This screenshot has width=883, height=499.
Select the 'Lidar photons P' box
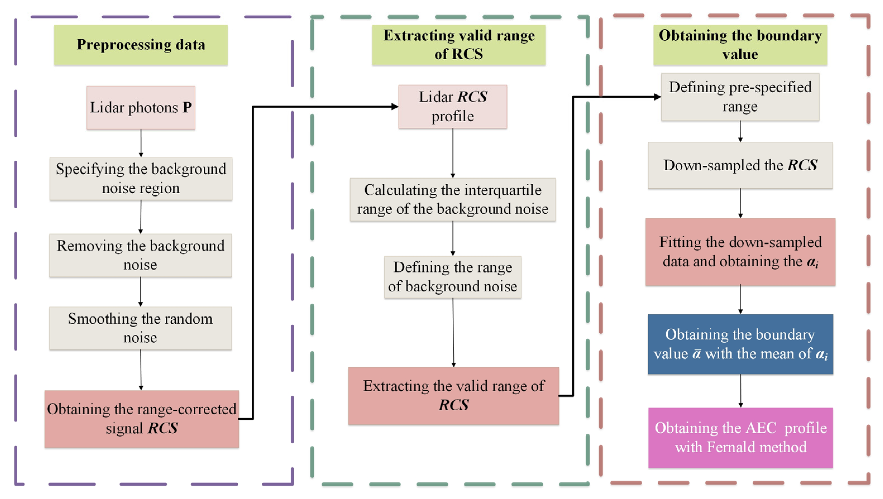click(141, 108)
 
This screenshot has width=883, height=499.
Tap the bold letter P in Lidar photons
click(187, 107)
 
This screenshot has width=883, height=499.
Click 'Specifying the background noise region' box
click(141, 179)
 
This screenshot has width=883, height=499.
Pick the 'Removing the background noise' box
click(140, 255)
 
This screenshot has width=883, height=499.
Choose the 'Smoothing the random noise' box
click(140, 328)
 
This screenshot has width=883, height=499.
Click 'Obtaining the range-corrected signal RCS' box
click(142, 419)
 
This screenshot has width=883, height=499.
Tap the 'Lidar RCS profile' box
click(452, 107)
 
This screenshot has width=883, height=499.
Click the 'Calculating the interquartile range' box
click(452, 199)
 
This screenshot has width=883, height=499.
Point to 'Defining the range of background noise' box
click(452, 277)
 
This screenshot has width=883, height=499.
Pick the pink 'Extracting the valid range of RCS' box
click(454, 396)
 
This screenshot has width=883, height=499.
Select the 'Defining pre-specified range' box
click(740, 97)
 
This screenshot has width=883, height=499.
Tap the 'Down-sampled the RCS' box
click(740, 165)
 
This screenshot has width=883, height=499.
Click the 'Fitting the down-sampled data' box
click(740, 252)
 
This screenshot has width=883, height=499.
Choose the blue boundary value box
click(740, 344)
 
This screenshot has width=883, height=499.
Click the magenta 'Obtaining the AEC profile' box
click(740, 437)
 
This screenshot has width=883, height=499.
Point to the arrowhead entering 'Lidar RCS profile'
click(395, 107)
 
